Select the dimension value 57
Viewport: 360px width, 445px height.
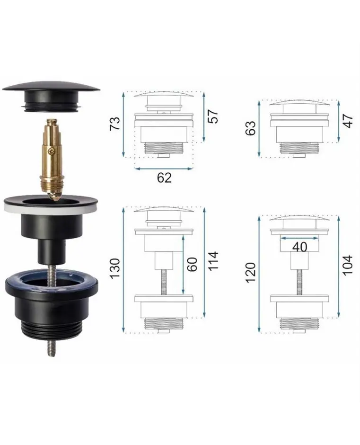pos(213,116)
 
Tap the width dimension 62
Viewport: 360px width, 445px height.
pos(164,178)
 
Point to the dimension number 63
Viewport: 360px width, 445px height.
pos(251,128)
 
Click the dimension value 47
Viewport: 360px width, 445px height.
pos(348,121)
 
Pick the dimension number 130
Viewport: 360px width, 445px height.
pos(115,268)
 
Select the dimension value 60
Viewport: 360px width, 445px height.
pos(192,264)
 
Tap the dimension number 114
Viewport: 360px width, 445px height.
pos(213,261)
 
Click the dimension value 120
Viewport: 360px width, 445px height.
pos(251,273)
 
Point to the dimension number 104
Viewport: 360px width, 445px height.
pos(348,265)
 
